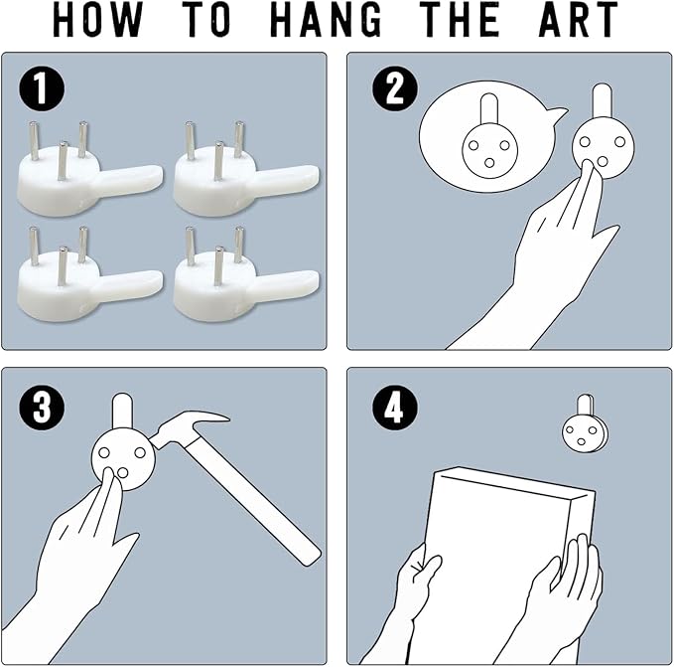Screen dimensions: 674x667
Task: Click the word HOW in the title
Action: pos(97,19)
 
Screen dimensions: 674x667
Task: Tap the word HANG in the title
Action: pos(328,19)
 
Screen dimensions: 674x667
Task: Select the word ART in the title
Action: pos(578,19)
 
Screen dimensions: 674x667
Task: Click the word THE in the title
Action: pos(459,19)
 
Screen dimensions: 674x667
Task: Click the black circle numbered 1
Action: pos(42,89)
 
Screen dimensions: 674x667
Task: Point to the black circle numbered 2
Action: pos(395,89)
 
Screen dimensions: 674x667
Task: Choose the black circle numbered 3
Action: pos(42,407)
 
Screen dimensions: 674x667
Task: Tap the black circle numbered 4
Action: pos(395,408)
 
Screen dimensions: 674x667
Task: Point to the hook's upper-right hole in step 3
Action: pos(140,452)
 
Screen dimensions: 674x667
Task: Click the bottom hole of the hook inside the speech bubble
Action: pos(489,163)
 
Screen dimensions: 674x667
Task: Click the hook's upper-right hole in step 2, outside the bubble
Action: pos(619,141)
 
